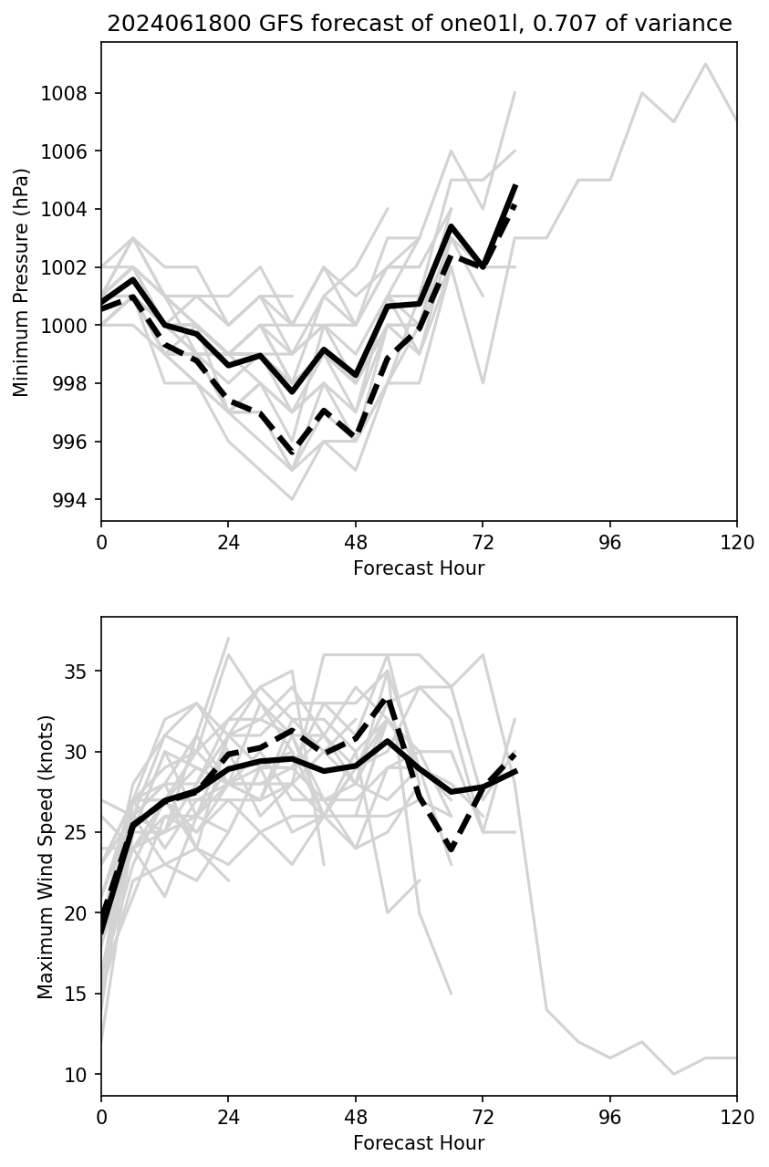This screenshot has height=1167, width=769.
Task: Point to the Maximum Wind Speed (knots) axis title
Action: pyautogui.click(x=46, y=857)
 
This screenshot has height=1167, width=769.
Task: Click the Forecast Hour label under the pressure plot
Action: pyautogui.click(x=419, y=568)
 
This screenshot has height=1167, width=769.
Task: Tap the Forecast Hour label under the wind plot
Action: pyautogui.click(x=419, y=1143)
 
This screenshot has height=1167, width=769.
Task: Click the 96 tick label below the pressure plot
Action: pyautogui.click(x=609, y=542)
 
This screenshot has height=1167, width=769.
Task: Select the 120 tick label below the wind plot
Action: pyautogui.click(x=736, y=1117)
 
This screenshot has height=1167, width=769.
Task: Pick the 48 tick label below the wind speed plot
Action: pyautogui.click(x=356, y=1117)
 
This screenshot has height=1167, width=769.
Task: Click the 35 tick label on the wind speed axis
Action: pyautogui.click(x=80, y=672)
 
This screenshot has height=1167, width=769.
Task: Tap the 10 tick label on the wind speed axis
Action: pyautogui.click(x=80, y=1074)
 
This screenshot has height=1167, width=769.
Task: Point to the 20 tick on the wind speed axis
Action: pyautogui.click(x=80, y=913)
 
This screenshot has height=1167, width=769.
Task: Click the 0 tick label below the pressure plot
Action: pyautogui.click(x=101, y=542)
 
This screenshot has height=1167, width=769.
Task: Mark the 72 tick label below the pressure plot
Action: pyautogui.click(x=483, y=542)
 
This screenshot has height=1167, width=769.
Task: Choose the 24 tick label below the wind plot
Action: pyautogui.click(x=228, y=1117)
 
